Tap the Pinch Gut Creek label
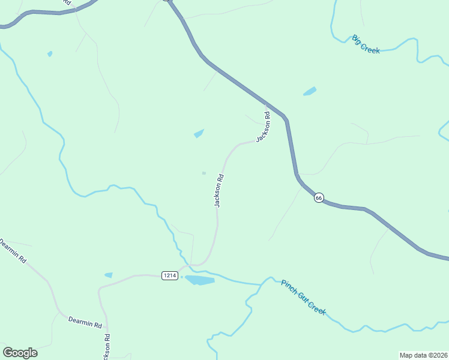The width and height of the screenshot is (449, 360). tap(303, 296)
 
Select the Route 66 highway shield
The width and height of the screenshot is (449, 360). tap(319, 197)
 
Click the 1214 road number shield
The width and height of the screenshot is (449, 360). tap(170, 275)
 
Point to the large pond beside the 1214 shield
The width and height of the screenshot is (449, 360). tap(199, 280)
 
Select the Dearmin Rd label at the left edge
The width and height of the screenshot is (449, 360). tap(13, 251)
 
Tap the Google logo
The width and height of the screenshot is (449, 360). tap(20, 353)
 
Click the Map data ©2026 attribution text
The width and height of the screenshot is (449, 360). tap(423, 355)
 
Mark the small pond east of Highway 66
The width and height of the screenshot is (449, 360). tap(310, 92)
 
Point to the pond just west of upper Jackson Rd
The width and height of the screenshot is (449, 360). tap(199, 133)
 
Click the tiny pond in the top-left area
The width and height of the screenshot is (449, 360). tap(50, 54)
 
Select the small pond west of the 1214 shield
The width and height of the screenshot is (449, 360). tap(109, 275)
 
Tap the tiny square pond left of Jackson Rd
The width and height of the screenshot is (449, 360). tap(204, 173)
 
